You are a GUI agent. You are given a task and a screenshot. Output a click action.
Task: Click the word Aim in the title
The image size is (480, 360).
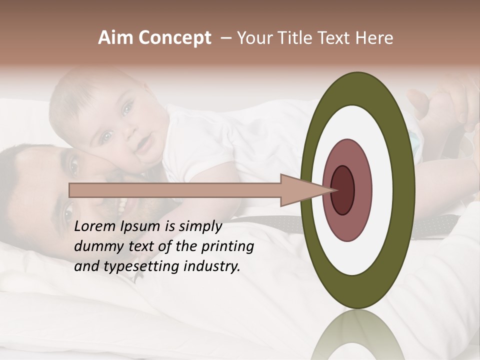tap(115, 38)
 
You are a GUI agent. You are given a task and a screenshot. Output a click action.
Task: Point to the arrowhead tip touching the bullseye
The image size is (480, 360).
tap(335, 190)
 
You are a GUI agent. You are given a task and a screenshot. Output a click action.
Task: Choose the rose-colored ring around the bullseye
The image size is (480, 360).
tap(362, 190)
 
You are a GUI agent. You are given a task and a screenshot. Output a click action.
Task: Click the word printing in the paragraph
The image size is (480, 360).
tap(229, 246)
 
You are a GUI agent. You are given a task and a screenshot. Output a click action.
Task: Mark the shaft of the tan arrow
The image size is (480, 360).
tap(175, 190)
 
